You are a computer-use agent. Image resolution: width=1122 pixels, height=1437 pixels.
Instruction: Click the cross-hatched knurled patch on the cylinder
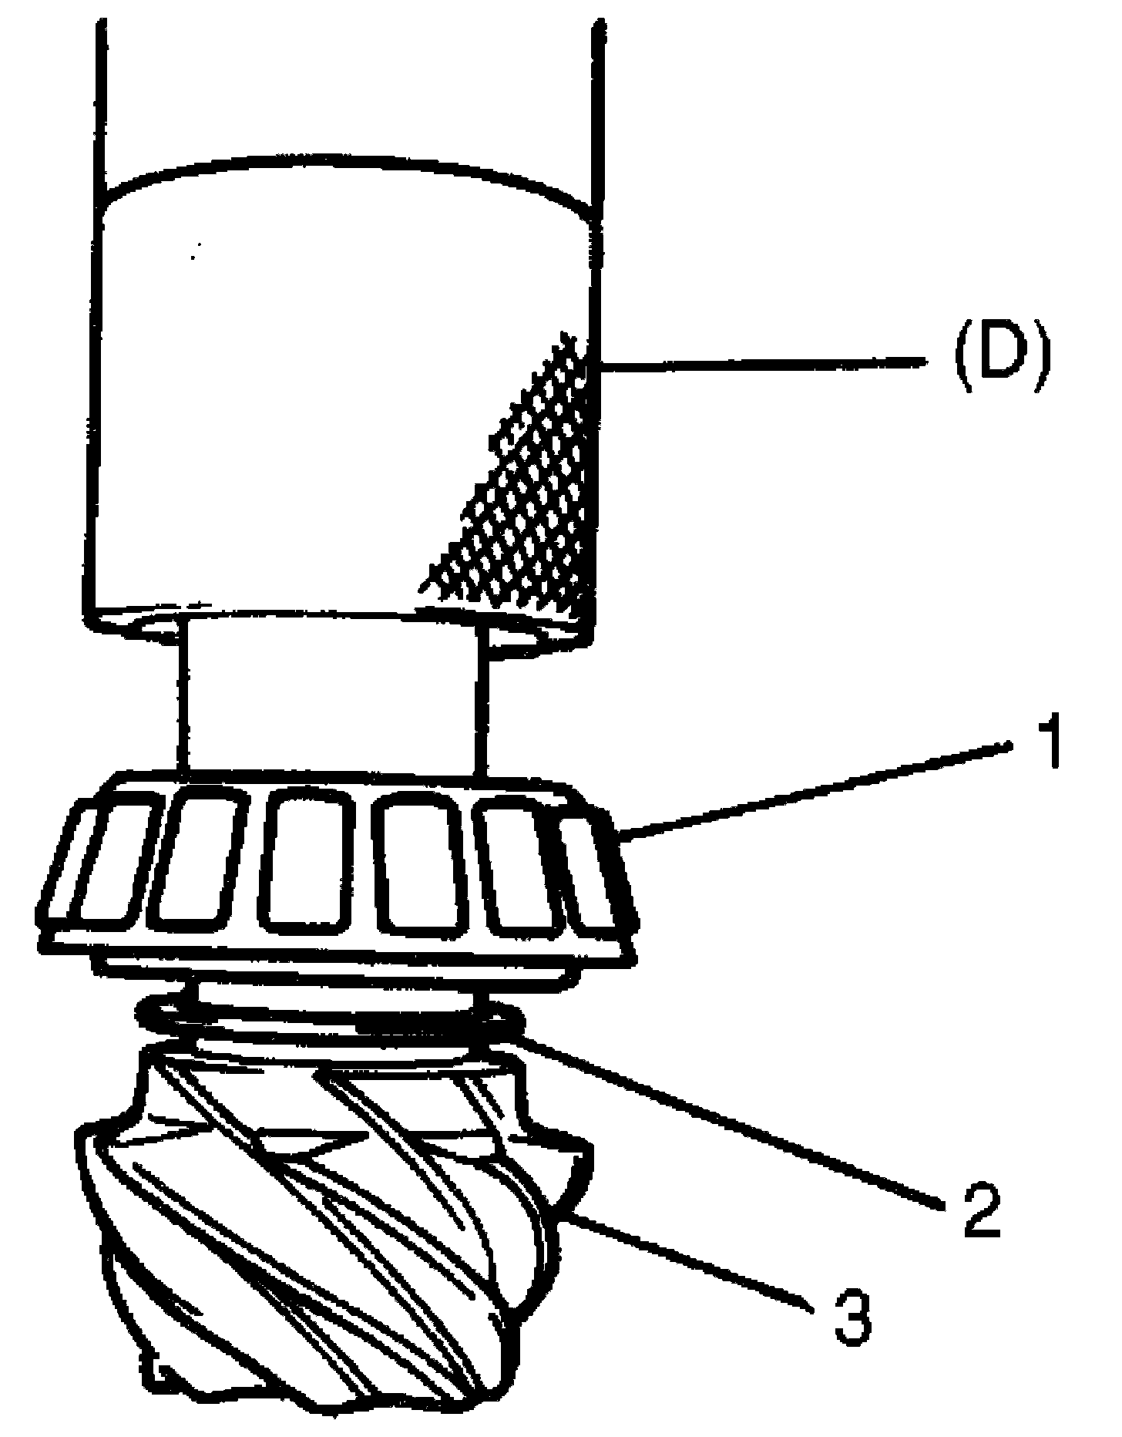532,493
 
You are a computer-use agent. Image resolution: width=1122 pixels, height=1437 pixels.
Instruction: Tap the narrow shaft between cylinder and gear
331,694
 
